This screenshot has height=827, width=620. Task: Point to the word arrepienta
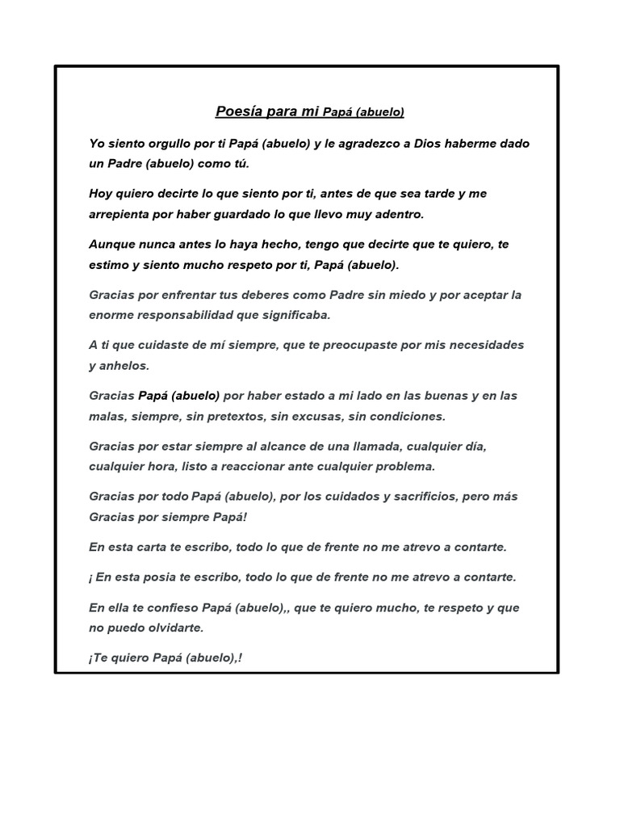[x=121, y=214]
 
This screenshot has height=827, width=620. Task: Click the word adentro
[x=396, y=214]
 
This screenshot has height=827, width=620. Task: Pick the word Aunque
[x=111, y=244]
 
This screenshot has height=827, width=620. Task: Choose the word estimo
[x=110, y=265]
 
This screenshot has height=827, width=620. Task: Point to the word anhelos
[x=122, y=366]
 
